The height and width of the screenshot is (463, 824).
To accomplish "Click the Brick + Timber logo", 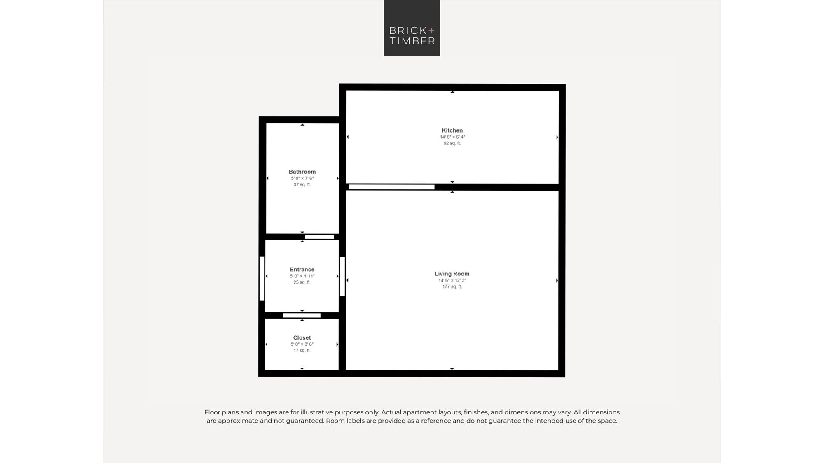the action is pos(412,28).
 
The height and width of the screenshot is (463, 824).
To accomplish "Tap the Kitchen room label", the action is pos(452,130).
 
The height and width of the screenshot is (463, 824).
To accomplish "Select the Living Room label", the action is pos(452,274).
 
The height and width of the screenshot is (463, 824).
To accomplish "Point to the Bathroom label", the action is pos(302,172).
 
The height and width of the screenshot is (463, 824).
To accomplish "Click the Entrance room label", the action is pos(302,270).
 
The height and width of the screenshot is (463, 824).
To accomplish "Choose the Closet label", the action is pos(302,338).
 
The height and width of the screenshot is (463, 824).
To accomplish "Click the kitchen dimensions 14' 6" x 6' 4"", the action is pos(452,137).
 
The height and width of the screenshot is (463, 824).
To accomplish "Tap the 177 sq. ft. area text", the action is pos(452,286).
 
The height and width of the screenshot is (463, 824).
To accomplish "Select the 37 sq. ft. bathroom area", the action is pos(302,184).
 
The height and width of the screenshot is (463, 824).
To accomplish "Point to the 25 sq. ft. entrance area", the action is pos(302,282).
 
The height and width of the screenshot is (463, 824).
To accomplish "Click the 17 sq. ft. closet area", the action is pos(302,351).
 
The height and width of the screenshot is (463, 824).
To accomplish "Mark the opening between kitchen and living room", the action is pos(391,187).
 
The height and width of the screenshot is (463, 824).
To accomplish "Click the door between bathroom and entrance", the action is pos(319,237).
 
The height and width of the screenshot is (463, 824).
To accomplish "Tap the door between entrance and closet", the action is pos(302,316).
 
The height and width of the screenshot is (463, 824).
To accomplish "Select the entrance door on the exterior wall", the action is pos(262,279).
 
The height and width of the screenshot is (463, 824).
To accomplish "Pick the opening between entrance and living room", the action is pos(342,277).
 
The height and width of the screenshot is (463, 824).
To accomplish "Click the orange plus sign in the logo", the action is pos(431,30).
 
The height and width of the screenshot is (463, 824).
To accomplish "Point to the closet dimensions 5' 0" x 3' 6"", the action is pos(302,344).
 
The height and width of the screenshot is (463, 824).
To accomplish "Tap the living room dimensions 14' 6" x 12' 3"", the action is pos(452,280).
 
